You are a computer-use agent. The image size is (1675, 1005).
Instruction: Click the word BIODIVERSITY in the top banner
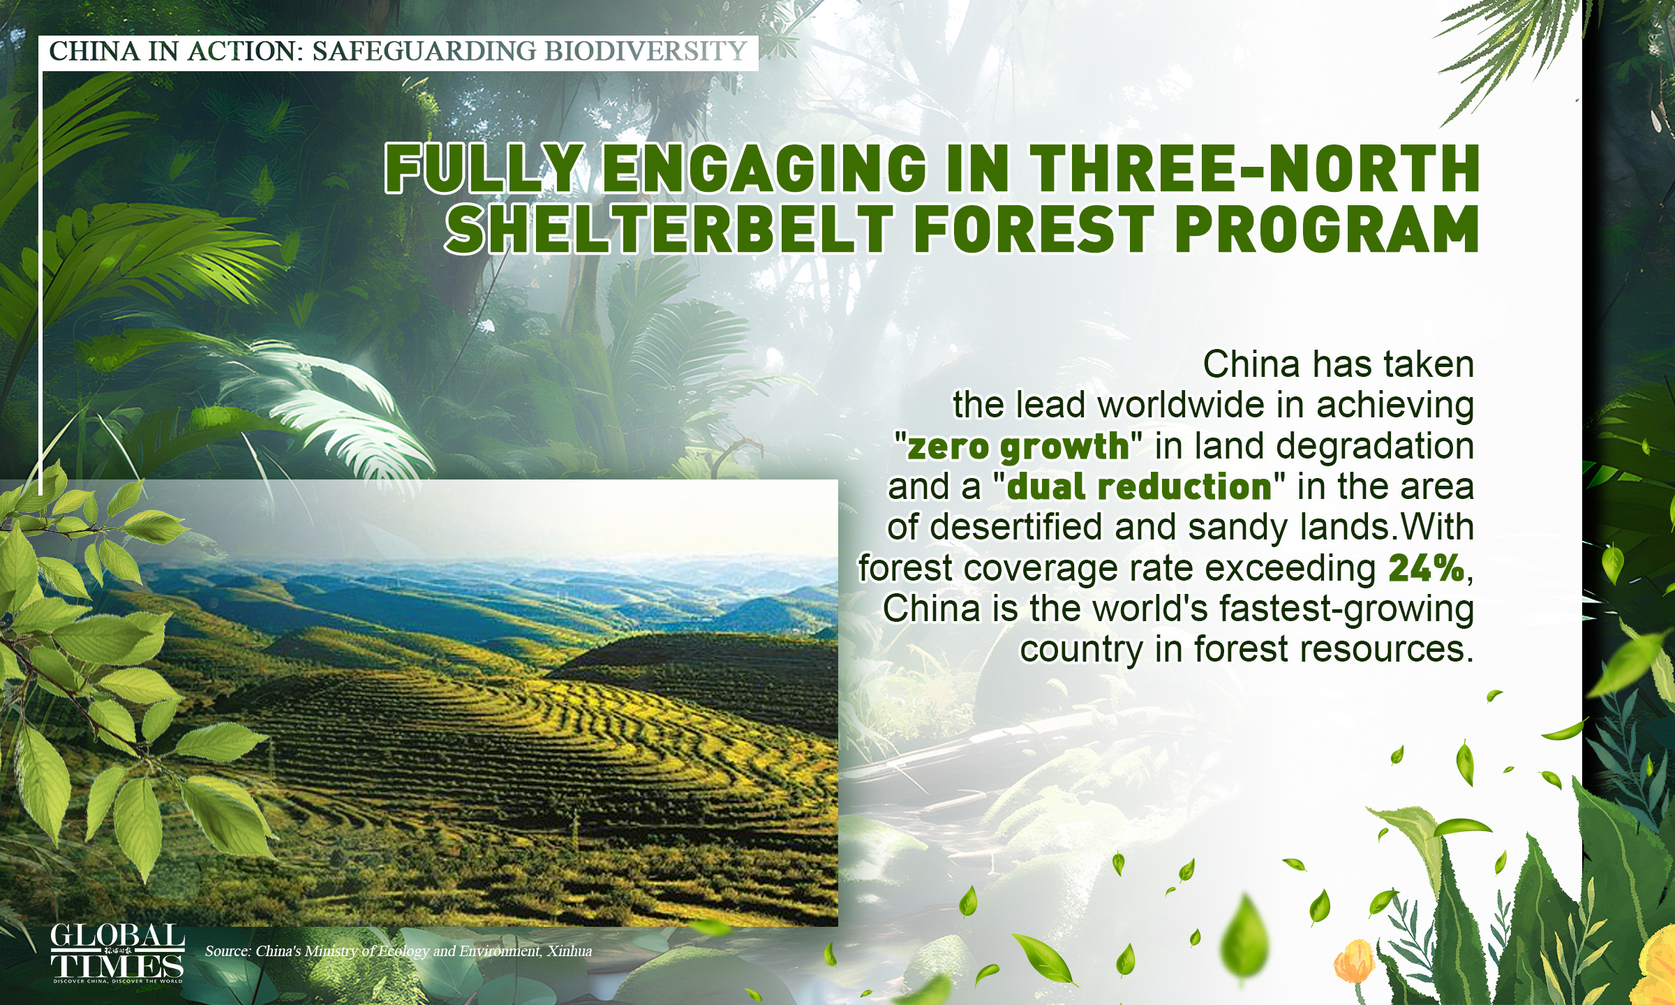[646, 51]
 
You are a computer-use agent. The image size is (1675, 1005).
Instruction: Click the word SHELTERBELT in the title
[670, 229]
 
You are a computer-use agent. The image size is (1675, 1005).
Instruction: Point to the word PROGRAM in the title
[1327, 229]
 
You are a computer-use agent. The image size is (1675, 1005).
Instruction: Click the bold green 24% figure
[1426, 568]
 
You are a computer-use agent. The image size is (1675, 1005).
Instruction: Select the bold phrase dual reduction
[1139, 487]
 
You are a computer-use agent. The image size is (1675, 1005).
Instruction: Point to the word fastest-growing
[1346, 609]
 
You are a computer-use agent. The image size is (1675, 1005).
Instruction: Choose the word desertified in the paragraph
[1016, 528]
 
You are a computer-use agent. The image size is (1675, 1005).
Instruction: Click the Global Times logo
[117, 953]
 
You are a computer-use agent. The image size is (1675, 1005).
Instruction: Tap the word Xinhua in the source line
[569, 951]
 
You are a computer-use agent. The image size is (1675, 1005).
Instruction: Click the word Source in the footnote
[227, 951]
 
